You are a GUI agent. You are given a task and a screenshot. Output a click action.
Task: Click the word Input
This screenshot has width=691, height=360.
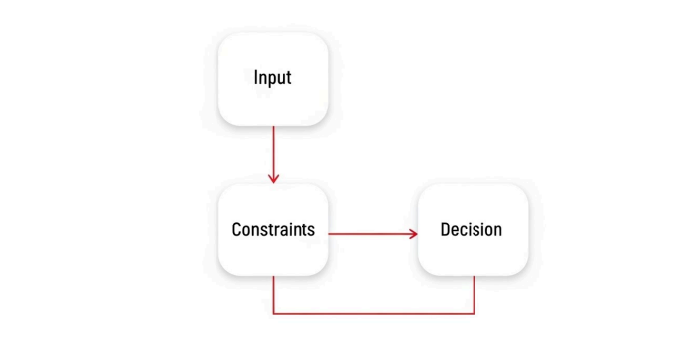click(x=272, y=77)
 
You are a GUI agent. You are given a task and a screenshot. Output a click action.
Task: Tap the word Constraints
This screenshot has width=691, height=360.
click(x=273, y=229)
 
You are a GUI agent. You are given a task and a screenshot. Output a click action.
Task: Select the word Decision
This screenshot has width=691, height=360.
click(x=472, y=229)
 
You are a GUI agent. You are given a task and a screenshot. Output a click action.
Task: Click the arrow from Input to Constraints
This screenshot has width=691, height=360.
click(x=273, y=153)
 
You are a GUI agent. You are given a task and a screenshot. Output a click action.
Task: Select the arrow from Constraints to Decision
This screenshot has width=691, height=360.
click(x=371, y=234)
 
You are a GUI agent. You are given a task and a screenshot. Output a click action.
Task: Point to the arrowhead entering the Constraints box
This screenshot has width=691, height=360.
click(x=273, y=178)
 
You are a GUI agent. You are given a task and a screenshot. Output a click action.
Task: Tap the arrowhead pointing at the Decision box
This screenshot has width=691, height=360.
click(x=412, y=234)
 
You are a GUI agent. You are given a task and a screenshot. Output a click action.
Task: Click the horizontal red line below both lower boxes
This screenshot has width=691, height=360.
click(x=374, y=314)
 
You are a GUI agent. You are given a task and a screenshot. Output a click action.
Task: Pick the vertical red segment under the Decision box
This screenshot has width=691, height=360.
click(x=475, y=295)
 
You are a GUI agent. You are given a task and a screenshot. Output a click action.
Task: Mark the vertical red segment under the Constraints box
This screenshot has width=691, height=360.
click(x=273, y=295)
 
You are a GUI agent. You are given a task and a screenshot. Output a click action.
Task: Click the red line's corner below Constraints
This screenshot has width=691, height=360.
click(x=273, y=314)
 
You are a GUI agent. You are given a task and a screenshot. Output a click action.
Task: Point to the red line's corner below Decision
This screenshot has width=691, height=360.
click(x=475, y=314)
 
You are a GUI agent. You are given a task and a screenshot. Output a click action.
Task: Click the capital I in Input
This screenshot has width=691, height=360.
click(x=255, y=77)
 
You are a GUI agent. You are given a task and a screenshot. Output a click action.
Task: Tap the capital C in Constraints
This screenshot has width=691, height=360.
click(x=236, y=229)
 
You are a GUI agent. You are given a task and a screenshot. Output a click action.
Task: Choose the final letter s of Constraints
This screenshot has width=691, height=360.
click(x=311, y=229)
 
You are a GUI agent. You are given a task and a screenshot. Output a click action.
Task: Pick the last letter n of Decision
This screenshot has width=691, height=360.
click(x=497, y=229)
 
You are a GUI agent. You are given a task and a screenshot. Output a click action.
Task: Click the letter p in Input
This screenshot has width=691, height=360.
click(x=270, y=79)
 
